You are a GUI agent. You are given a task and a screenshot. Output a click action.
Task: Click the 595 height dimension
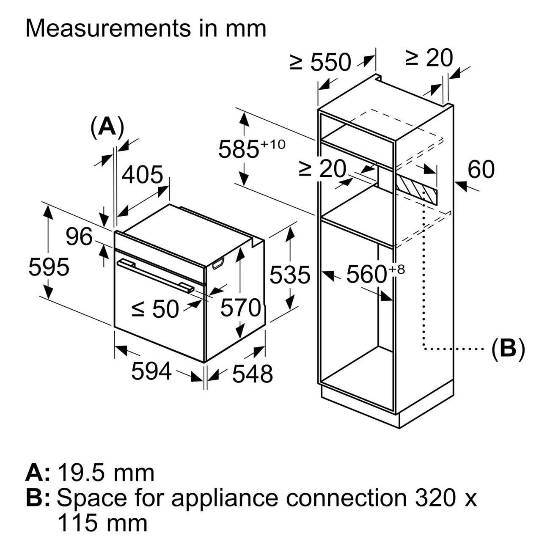pos(49,267)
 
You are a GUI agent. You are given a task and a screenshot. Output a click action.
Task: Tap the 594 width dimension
pos(151,371)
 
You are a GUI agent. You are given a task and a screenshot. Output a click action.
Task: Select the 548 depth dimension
pos(252,374)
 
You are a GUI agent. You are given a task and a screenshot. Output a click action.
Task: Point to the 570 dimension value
pos(240,308)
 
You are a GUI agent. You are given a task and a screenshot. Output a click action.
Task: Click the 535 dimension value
pos(290,275)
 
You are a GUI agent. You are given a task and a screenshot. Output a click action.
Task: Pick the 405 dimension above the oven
pos(142,174)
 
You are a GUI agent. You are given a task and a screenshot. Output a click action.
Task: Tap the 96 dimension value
pos(79,236)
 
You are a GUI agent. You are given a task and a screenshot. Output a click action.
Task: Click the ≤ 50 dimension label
pos(155,309)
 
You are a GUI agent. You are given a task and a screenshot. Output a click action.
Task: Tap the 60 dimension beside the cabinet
pos(481,170)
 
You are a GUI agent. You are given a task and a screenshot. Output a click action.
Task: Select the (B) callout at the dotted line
pos(508,348)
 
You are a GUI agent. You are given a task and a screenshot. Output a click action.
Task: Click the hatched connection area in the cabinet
pos(417,189)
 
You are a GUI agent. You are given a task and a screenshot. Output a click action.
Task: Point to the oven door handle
pos(156,276)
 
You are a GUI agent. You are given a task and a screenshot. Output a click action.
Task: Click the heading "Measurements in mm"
pos(146,28)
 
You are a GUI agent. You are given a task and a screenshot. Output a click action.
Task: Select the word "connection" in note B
pos(345,498)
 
